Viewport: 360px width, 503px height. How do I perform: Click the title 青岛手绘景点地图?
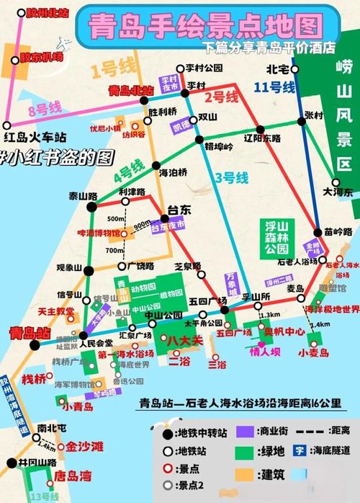(204, 27)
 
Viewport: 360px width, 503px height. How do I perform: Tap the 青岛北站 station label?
(130, 91)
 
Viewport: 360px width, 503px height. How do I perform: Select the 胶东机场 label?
(41, 57)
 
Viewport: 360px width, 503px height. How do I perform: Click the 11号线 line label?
(274, 87)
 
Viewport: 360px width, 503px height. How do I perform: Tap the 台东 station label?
(179, 210)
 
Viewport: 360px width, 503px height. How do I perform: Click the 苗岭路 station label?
(338, 232)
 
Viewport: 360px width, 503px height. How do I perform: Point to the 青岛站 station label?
(30, 333)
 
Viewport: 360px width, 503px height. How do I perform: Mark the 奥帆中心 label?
(284, 331)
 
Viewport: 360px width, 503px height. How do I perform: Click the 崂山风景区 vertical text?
(343, 115)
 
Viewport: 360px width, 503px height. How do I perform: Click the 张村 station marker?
(302, 121)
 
